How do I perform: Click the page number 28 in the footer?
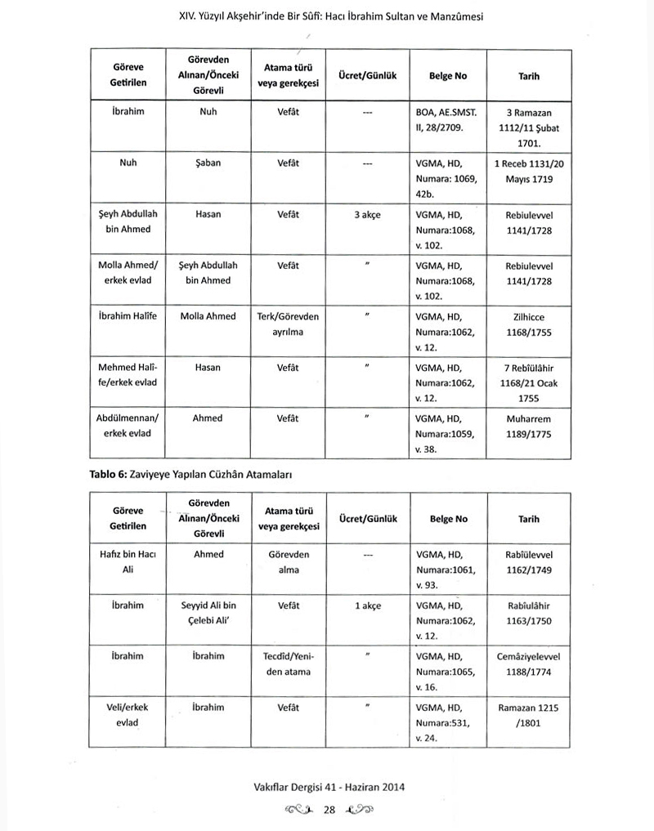point(330,810)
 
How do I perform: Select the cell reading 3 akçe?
point(367,215)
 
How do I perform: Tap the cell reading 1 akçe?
point(367,606)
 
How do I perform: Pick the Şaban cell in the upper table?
point(208,163)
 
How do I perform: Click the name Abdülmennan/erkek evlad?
point(128,425)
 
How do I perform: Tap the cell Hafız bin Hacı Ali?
point(128,561)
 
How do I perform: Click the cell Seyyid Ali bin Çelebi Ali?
point(208,613)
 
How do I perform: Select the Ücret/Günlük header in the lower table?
point(367,519)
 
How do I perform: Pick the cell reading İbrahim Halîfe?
point(128,316)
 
